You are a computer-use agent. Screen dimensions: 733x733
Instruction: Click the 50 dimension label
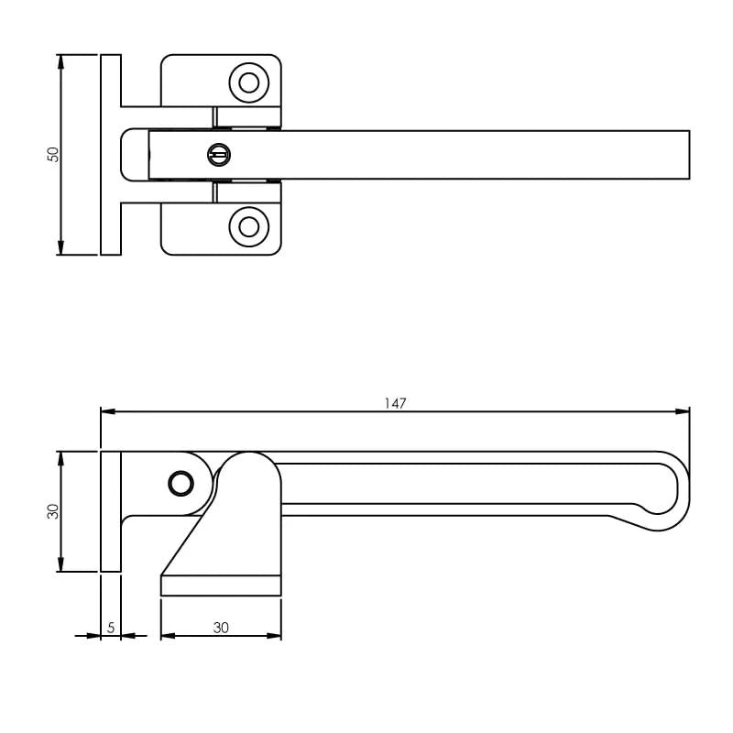[54, 155]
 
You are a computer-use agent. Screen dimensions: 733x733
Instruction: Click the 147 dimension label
[396, 402]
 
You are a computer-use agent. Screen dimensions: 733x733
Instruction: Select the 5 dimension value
[111, 628]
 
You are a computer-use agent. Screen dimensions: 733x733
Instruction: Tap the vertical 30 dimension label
[53, 511]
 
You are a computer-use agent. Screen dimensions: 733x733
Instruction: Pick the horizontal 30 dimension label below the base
[221, 628]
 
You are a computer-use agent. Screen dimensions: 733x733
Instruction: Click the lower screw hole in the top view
[248, 226]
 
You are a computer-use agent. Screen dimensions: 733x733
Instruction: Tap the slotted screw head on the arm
[219, 155]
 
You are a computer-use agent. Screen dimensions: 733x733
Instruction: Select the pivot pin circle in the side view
[181, 483]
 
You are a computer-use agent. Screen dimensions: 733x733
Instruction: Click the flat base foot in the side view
[221, 585]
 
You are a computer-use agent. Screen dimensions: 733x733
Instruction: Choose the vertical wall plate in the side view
[111, 511]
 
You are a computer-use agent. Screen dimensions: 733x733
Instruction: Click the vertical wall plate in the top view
[111, 155]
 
